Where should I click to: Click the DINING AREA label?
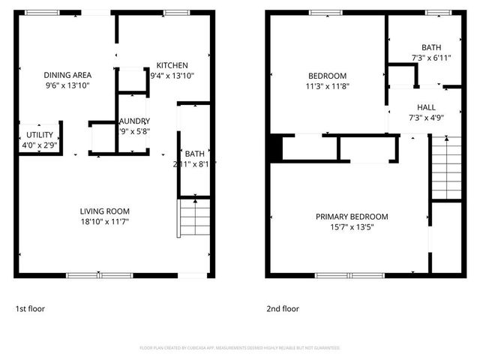pos(67,75)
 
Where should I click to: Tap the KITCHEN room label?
pos(172,65)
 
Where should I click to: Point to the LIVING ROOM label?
pos(106,211)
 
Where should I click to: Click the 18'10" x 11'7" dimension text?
pos(106,221)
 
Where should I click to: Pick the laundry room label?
pos(134,121)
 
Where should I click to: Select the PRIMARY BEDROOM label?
pos(352,217)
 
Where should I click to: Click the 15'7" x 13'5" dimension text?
pos(352,227)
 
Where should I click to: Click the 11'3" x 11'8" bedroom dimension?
pos(328,85)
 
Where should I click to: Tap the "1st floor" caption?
pos(31,308)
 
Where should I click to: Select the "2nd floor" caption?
pos(283,308)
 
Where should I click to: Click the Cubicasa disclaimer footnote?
pos(240,348)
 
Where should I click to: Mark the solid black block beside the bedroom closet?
pos(275,148)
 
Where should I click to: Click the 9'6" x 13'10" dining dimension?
pos(67,85)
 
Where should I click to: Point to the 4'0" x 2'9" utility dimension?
pos(39,145)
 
